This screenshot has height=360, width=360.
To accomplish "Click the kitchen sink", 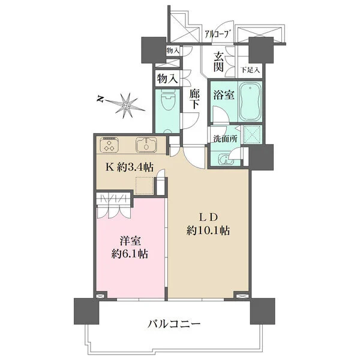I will tap(146, 146).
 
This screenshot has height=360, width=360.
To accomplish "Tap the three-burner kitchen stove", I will tap(109, 145).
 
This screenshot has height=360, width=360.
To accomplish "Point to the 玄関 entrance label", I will tap(218, 61).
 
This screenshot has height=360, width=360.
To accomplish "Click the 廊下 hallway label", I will tap(194, 100).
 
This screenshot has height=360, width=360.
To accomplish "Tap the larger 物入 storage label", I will tap(167, 78).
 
